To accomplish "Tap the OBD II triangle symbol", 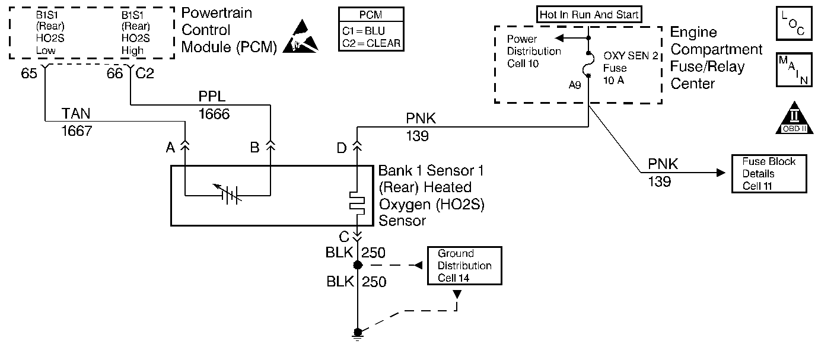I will click(x=794, y=119).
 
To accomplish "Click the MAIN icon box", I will click(x=794, y=70).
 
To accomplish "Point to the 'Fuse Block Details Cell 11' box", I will click(x=768, y=174).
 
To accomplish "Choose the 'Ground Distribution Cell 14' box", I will click(x=464, y=266).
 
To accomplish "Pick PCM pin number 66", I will click(x=114, y=74).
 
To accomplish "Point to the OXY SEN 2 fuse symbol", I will click(x=588, y=63).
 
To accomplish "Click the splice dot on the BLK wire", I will click(x=358, y=265).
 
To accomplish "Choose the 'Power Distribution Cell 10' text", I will click(x=533, y=52).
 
